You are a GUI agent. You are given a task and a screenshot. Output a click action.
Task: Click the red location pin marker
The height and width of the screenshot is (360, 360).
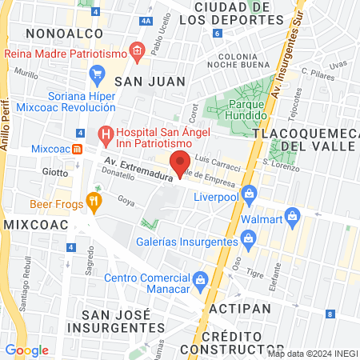coord(181,163)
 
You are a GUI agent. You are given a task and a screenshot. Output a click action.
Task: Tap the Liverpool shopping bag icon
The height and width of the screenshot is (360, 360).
coord(250,193)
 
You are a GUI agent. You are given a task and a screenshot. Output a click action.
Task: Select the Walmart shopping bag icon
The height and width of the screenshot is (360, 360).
coord(294,216)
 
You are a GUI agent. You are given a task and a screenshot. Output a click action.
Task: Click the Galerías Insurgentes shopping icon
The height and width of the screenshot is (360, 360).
coord(248,238)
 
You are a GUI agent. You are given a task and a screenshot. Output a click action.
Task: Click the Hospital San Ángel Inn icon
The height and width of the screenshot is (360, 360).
coord(104,134)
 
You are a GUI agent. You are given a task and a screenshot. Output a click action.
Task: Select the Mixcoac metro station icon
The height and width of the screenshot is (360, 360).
coord(77,149)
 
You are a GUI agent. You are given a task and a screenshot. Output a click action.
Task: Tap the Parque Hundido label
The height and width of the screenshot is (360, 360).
coord(247,110)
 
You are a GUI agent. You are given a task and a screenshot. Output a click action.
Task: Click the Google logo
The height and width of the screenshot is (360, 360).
coord(26,350)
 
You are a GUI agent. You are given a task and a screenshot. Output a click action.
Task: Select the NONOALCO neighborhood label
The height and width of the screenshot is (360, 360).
coord(55,33)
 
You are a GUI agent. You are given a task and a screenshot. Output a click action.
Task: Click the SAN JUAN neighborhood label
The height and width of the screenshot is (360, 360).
coord(150,81)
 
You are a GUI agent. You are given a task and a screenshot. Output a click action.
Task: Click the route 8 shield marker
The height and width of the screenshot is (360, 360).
coord(330,313)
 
